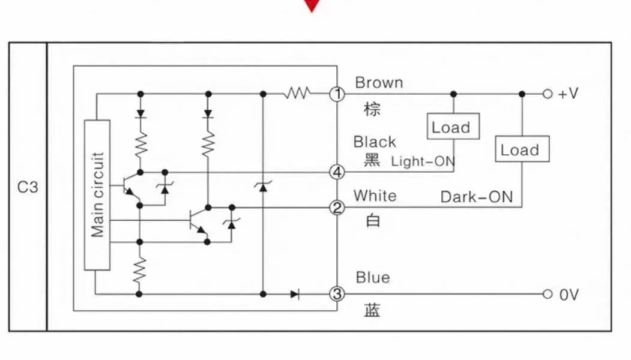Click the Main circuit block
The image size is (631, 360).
[97, 194]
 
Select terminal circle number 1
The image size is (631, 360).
[337, 94]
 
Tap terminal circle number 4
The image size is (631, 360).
[337, 172]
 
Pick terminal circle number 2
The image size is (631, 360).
[337, 208]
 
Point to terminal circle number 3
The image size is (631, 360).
[337, 294]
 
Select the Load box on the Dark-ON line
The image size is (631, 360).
[521, 149]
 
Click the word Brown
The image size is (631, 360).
[379, 83]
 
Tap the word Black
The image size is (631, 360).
[375, 142]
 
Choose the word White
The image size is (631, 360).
[375, 196]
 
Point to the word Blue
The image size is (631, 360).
[372, 277]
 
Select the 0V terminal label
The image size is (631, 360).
[569, 295]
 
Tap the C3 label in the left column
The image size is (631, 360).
[27, 187]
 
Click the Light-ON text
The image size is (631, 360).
[423, 161]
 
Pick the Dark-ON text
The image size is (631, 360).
[477, 197]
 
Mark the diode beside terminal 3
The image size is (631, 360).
[294, 294]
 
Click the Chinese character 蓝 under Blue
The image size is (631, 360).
[372, 310]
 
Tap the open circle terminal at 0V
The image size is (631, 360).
[547, 294]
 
